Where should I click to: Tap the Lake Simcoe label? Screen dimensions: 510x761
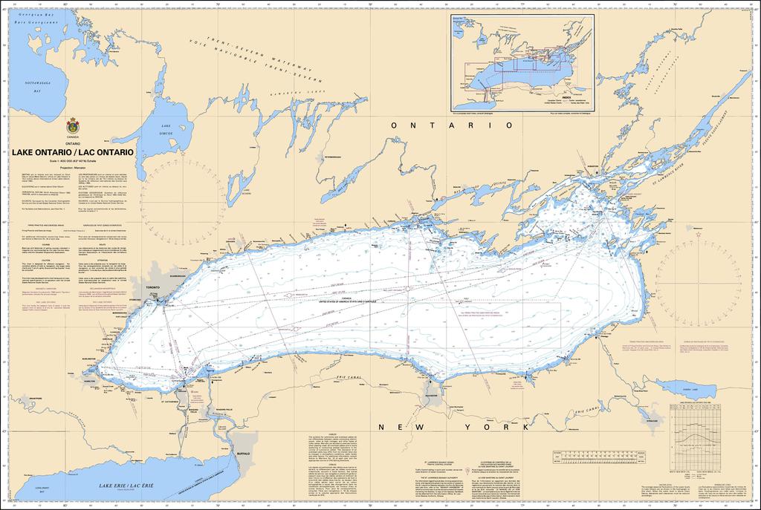(165, 127)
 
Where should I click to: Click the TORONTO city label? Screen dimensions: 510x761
(153, 286)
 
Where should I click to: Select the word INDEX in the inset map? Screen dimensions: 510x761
(567, 97)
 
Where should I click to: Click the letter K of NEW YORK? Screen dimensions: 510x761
(524, 428)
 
